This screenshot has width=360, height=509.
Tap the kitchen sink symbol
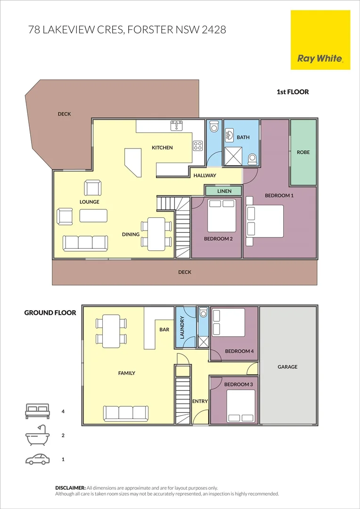pos(177,125)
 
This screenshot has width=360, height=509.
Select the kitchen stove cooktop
pos(198,146)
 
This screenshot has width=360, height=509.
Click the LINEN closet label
pos(224,191)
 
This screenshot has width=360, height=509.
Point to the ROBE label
pos(303,152)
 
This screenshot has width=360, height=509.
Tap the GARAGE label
pos(287,367)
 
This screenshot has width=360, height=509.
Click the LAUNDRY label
pos(182,327)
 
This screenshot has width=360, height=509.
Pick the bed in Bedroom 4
pos(229,322)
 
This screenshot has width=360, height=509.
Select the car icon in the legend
pos(37,459)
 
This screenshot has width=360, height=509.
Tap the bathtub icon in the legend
pos(37,435)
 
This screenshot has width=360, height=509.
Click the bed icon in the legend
pos(37,411)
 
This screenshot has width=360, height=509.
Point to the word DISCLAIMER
pos(70,488)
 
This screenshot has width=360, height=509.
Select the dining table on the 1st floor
pos(156,234)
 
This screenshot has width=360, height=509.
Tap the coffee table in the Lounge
pos(93,215)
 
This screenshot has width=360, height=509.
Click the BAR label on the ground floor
pos(164,330)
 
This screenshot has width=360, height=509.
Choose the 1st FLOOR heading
pos(293,92)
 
